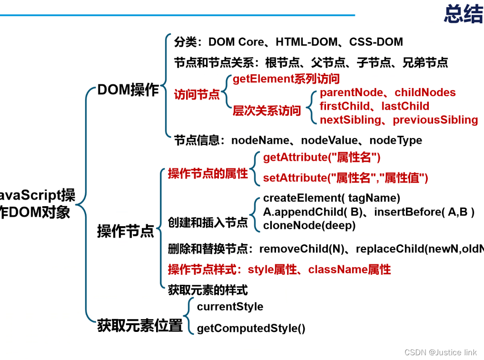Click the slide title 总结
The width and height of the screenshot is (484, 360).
click(x=463, y=14)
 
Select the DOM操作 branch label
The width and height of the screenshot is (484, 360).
click(x=128, y=90)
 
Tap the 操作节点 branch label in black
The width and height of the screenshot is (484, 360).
click(x=126, y=231)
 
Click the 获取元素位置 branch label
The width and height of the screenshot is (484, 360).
click(x=140, y=326)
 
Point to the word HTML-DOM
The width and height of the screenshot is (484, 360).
click(x=306, y=42)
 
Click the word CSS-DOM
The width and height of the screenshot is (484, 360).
click(x=376, y=42)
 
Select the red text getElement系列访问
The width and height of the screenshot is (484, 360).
click(x=286, y=79)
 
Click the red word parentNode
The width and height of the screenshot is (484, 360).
click(x=350, y=92)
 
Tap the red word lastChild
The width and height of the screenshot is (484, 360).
click(x=405, y=106)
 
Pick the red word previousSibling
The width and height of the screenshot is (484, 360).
click(x=435, y=120)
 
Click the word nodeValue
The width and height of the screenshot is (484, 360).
click(x=329, y=140)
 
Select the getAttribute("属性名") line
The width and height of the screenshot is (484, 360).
click(x=322, y=158)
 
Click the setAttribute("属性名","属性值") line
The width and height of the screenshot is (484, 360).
click(x=346, y=178)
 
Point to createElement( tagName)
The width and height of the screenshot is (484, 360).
click(x=332, y=198)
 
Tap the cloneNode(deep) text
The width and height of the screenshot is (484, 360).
click(x=309, y=225)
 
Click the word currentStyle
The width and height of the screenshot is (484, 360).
click(x=230, y=307)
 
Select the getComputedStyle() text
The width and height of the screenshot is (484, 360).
click(x=251, y=328)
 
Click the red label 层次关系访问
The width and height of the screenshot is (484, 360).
click(x=267, y=111)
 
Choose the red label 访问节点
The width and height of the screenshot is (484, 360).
click(x=197, y=95)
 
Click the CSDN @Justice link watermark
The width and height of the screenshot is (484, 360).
click(x=440, y=352)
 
